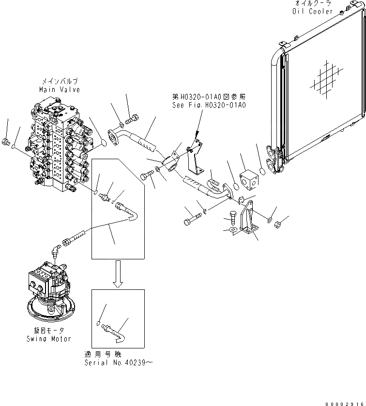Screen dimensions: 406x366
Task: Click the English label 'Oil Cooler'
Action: (x=313, y=11)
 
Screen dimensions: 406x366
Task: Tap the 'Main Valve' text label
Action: (x=60, y=90)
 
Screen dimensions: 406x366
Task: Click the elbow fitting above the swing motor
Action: (x=57, y=252)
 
